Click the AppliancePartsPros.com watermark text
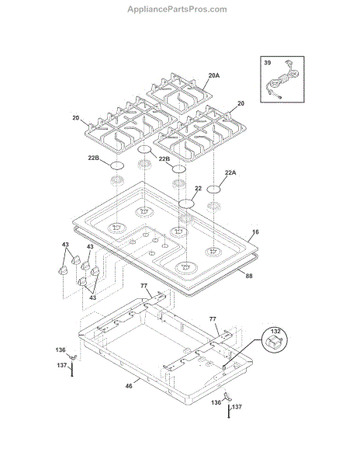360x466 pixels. coord(177,9)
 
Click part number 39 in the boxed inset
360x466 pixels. coord(268,63)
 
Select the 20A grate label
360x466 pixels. coord(214,75)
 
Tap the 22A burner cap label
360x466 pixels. coord(230,172)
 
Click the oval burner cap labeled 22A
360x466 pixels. coord(213,190)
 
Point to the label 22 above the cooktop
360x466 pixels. coord(199,189)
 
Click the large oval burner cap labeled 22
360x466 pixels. coord(186,203)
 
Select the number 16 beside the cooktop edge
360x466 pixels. coord(255,231)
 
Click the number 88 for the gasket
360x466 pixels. coord(249,276)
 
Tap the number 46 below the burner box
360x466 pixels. coord(129,386)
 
